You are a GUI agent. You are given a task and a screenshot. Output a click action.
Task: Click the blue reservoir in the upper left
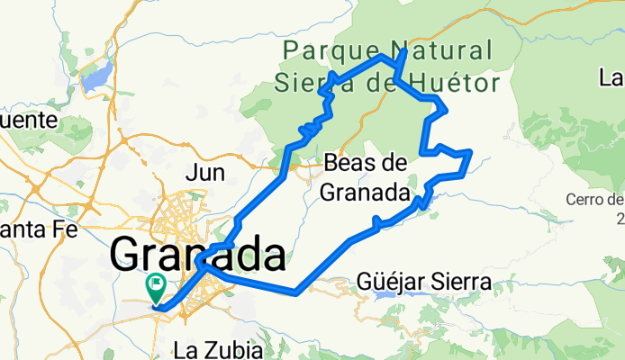click(97, 76)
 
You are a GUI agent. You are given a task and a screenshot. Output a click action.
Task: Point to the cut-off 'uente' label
click(23, 120)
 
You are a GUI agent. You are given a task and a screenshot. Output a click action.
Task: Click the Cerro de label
click(595, 199)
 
